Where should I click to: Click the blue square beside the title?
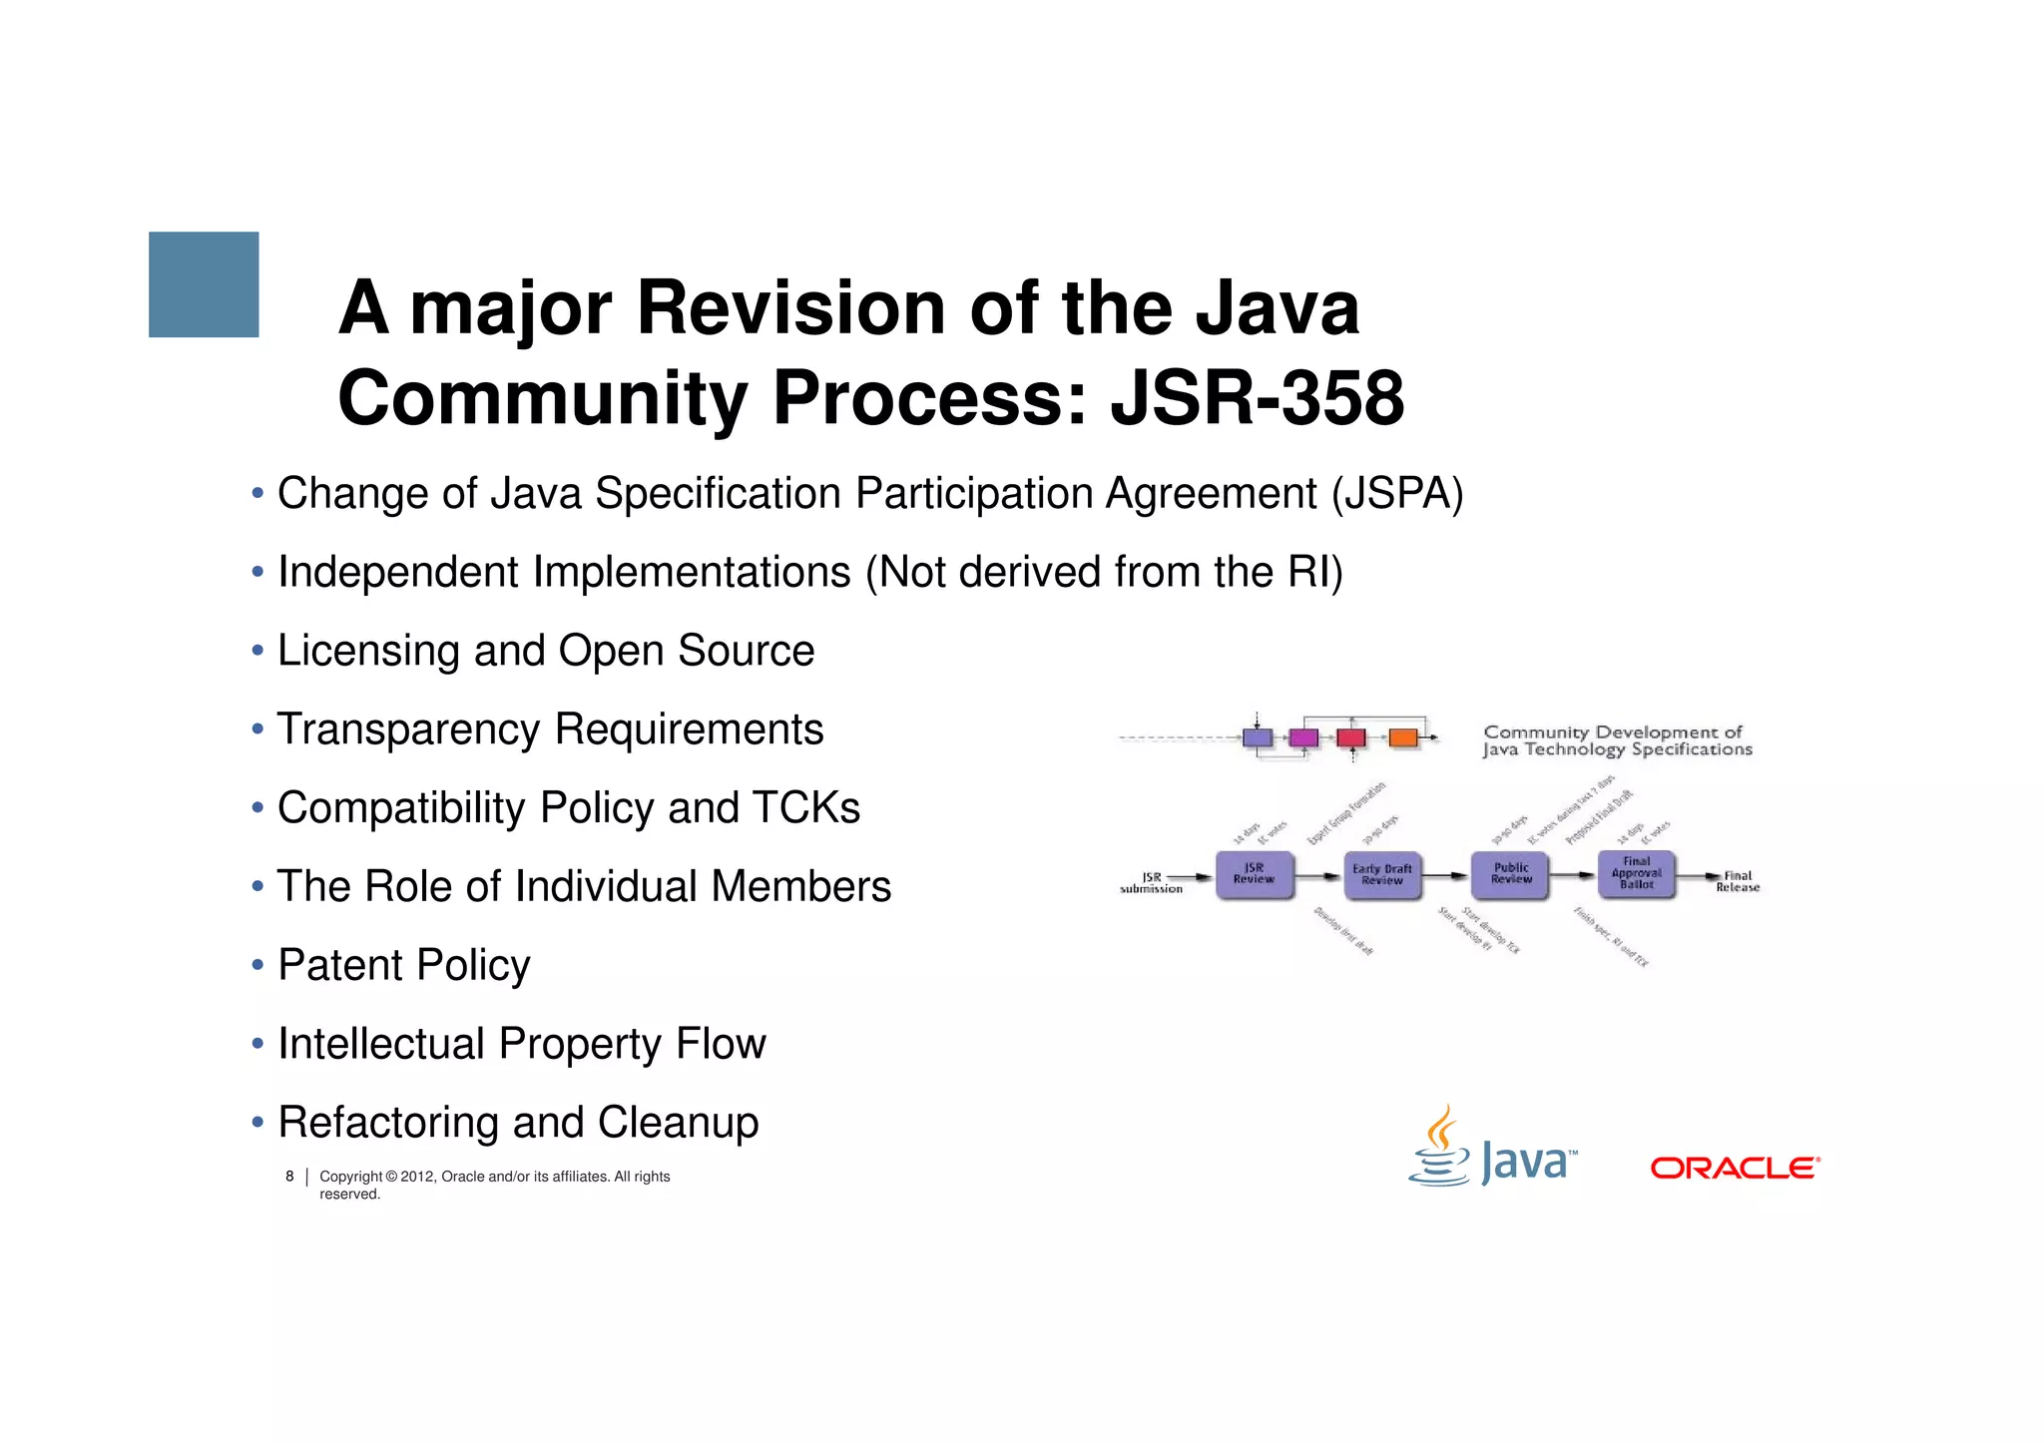(204, 284)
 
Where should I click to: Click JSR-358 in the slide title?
(1257, 398)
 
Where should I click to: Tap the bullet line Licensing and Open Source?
(545, 651)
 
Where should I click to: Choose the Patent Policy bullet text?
(403, 965)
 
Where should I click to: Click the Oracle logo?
(1735, 1168)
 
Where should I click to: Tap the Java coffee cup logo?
(1439, 1148)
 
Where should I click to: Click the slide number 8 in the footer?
(289, 1177)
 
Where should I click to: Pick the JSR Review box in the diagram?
(1254, 874)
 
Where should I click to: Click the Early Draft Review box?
(1381, 875)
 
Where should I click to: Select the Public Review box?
(1510, 874)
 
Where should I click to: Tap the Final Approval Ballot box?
(1636, 873)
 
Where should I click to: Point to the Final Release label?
(1737, 882)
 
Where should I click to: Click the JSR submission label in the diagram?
(1151, 883)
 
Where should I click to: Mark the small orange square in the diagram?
(1403, 738)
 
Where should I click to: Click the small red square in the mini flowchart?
(1350, 738)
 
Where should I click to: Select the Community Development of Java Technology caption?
(1616, 740)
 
